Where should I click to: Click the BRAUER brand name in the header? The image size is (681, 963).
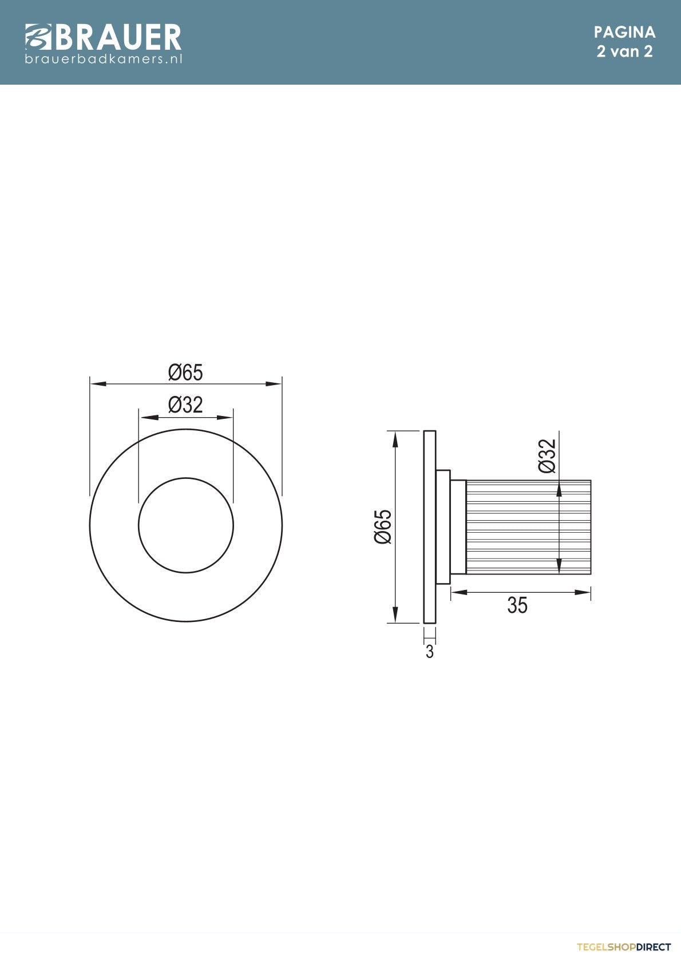point(117,37)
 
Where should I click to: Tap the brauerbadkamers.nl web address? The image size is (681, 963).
point(104,58)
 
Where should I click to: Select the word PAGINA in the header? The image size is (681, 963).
point(624,32)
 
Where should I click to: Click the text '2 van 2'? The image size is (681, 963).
point(624,51)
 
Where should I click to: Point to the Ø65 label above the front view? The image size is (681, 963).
point(185,372)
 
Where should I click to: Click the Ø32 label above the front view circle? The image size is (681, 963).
point(185,405)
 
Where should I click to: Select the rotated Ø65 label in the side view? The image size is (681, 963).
point(383,526)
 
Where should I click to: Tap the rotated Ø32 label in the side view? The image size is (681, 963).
point(547,456)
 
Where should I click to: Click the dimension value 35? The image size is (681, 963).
point(517,605)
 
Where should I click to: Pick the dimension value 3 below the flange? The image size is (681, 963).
point(430,652)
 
